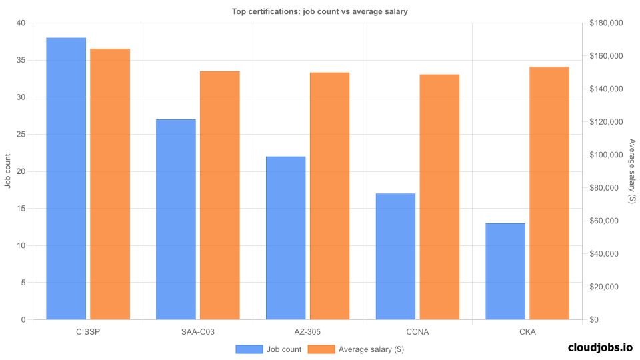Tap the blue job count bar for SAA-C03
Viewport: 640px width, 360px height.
[176, 219]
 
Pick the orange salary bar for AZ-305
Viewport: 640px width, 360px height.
[329, 196]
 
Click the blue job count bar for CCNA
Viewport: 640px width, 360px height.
[395, 257]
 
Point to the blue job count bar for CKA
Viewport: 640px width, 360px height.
[505, 271]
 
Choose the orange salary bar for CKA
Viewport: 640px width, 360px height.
[549, 193]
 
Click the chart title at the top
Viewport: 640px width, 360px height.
[319, 11]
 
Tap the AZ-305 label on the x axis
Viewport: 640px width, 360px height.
[307, 331]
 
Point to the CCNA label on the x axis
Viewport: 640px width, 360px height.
[417, 331]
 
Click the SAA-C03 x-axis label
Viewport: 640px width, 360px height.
[197, 331]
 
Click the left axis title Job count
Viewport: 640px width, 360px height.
[8, 171]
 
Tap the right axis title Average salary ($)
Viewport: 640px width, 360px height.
[632, 171]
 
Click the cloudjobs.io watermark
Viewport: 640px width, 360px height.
[600, 347]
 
